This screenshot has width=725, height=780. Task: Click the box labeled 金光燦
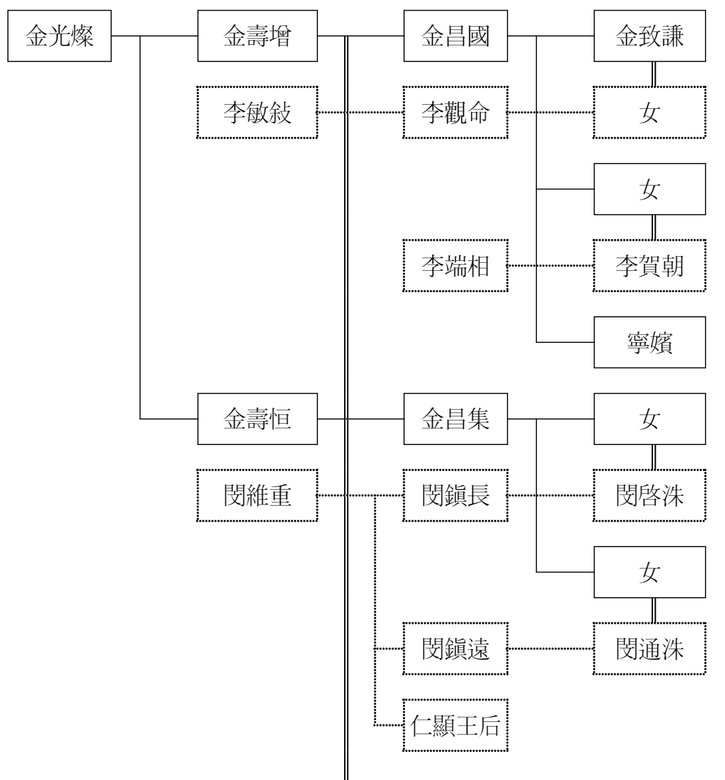coord(59,37)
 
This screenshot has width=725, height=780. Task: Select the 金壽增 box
coord(257,37)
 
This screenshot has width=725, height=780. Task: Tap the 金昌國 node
coord(456,37)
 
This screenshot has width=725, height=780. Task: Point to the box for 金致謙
coord(649,37)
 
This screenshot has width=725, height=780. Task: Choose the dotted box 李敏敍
coord(257,113)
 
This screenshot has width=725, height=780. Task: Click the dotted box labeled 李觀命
coord(456,113)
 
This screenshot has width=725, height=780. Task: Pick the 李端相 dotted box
coord(456,266)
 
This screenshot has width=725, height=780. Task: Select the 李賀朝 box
coord(649,266)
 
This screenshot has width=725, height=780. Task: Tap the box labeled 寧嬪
coord(649,343)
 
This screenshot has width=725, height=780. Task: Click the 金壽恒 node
coord(257,420)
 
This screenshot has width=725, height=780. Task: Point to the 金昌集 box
coord(456,420)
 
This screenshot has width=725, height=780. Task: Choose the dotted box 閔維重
coord(257,496)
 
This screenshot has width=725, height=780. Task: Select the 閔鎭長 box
coord(456,496)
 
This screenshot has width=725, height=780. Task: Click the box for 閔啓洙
coord(649,496)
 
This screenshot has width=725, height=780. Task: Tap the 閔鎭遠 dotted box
coord(456,649)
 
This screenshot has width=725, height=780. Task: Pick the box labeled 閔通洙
coord(649,649)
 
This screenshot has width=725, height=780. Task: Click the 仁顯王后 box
coord(456,725)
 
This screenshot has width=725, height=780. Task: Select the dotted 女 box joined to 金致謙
coord(649,113)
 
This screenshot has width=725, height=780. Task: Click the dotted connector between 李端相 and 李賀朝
coord(550,266)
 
